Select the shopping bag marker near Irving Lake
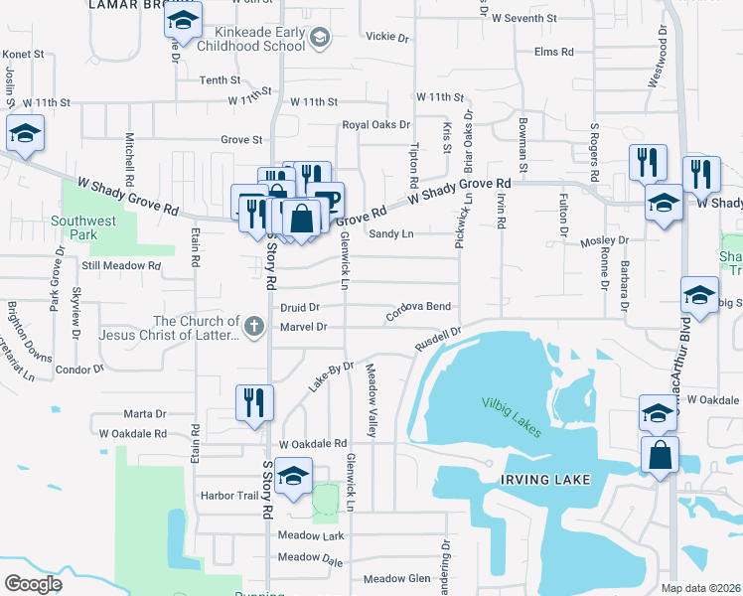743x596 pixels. [660, 456]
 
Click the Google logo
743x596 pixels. [33, 584]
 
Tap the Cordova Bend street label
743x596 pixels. [418, 307]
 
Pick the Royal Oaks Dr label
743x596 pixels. [375, 124]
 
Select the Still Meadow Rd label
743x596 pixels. [121, 265]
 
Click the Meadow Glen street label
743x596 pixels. [396, 579]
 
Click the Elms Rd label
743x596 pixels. [554, 52]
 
